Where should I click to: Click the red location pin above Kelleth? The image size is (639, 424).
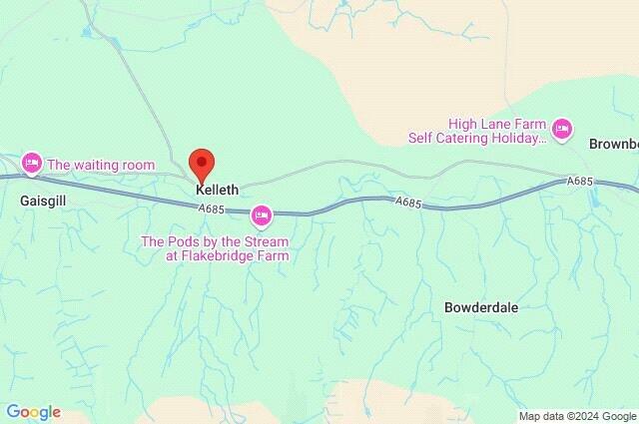coord(202,162)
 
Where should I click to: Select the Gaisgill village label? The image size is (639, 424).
coord(41,200)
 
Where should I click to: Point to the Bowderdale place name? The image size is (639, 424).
coord(480,308)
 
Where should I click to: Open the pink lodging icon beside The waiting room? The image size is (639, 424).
coord(32,162)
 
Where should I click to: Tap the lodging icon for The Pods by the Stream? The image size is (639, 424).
coord(261,213)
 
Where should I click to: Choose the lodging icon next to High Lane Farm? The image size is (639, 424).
coord(563,128)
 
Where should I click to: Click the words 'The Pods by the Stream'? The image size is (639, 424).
coord(215,240)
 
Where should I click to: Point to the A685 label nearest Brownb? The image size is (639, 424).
coord(580,182)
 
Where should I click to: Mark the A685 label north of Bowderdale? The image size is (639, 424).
coord(407,204)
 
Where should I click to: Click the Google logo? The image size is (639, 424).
coord(33,412)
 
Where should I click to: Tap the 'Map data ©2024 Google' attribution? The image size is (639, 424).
coord(577,415)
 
